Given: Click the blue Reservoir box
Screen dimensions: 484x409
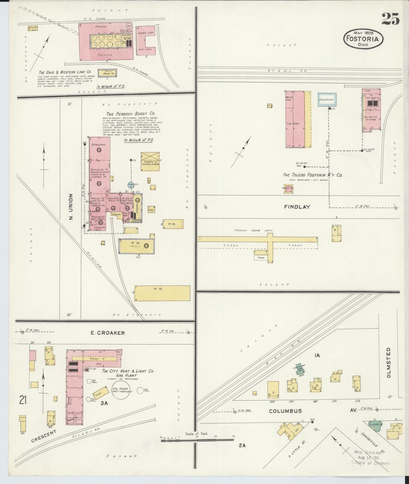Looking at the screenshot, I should click(326, 100).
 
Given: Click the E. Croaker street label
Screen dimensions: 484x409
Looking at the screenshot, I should click(108, 333).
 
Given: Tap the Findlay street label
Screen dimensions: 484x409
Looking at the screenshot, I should click(297, 207).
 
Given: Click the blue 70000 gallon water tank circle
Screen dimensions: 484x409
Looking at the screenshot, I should click(131, 185).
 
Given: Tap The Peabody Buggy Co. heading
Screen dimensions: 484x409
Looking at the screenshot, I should click(130, 114).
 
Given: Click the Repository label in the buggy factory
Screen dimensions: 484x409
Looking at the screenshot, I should click(98, 145).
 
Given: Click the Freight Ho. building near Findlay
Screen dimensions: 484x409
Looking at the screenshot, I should click(288, 189).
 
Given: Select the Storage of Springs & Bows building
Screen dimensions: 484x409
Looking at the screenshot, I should click(150, 162).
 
